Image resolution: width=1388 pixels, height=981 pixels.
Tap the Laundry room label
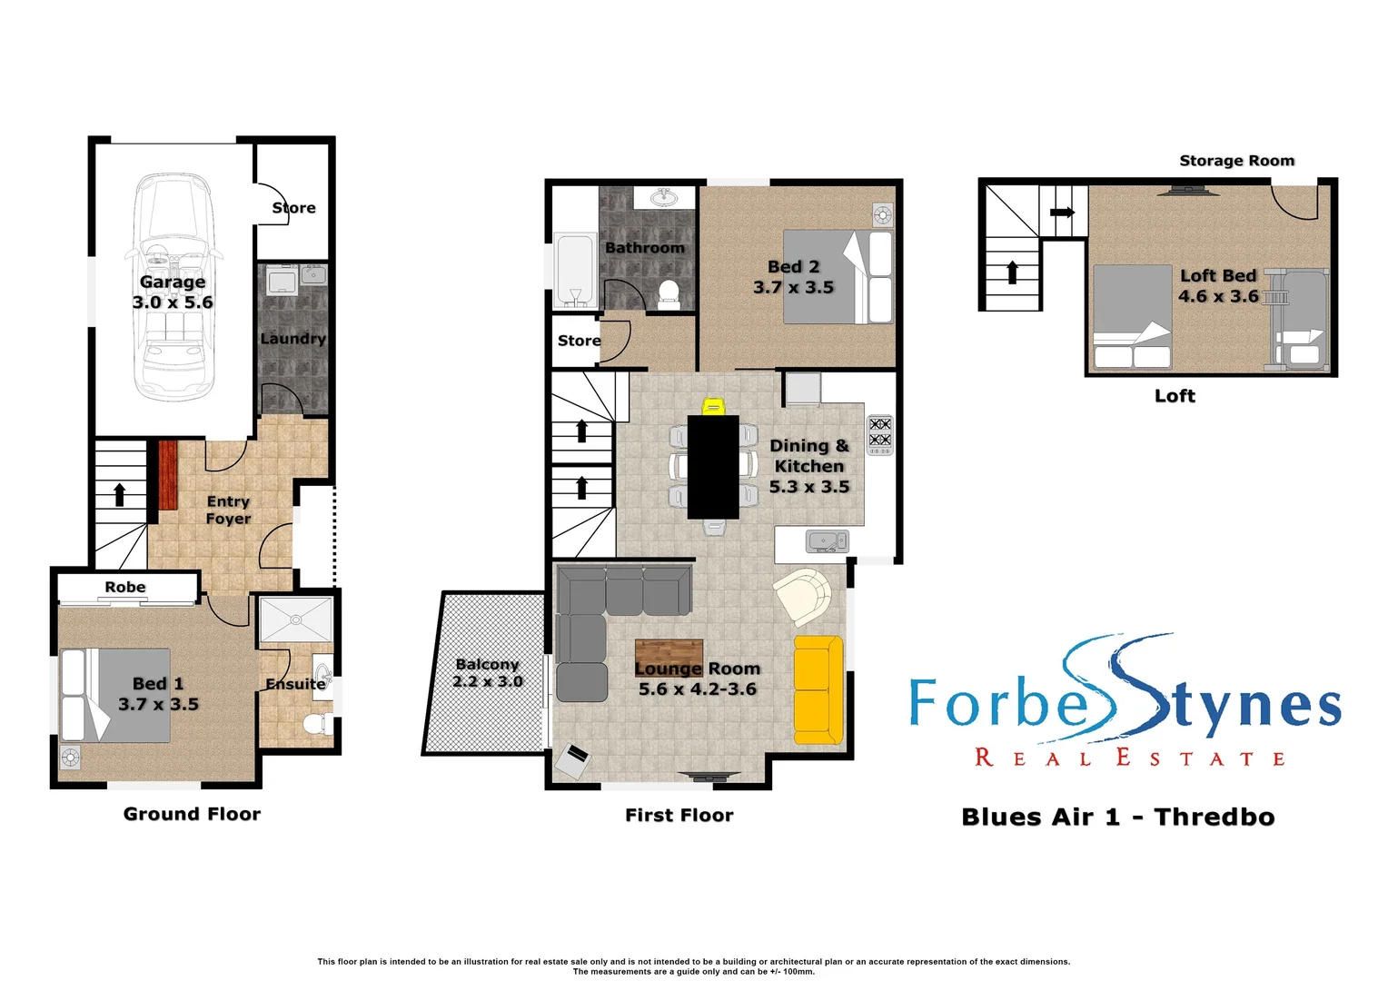[292, 339]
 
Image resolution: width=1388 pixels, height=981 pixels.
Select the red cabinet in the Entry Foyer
[168, 475]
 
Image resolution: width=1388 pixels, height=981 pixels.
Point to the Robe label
[125, 588]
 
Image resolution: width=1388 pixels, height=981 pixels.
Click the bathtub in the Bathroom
[574, 271]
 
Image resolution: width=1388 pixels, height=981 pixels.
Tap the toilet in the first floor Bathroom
[669, 292]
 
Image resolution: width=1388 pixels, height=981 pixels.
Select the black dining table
[713, 467]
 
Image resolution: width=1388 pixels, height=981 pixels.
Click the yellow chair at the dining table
[713, 406]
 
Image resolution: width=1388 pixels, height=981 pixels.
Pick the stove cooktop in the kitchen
[879, 434]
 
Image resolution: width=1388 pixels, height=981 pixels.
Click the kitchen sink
[827, 542]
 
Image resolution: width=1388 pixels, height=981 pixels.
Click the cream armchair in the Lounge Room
[803, 595]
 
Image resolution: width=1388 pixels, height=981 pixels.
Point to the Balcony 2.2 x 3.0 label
[487, 673]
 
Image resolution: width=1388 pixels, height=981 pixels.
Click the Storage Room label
[1236, 161]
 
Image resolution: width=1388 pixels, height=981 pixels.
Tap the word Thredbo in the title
[1214, 817]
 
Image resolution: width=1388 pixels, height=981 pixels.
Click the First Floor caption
[679, 815]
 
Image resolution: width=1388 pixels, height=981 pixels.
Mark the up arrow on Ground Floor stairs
[119, 495]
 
